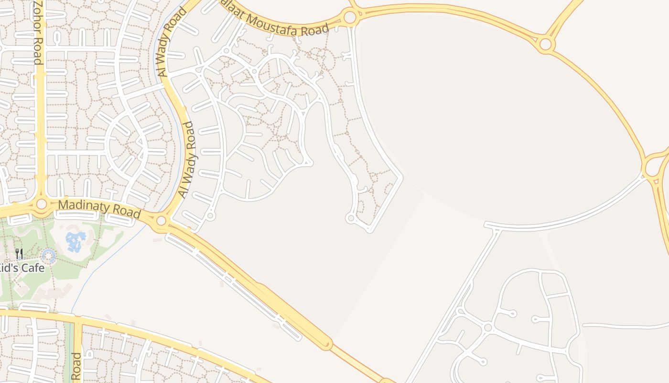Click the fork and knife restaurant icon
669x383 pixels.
19,254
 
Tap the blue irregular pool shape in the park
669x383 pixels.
76,240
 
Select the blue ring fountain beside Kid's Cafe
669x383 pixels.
48,256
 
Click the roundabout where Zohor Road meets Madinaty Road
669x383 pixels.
42,204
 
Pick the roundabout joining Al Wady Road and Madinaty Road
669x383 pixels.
162,221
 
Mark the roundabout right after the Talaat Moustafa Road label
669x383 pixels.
350,18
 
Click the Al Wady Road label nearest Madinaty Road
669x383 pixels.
187,160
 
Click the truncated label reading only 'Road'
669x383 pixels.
76,366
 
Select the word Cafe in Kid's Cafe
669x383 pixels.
32,268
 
